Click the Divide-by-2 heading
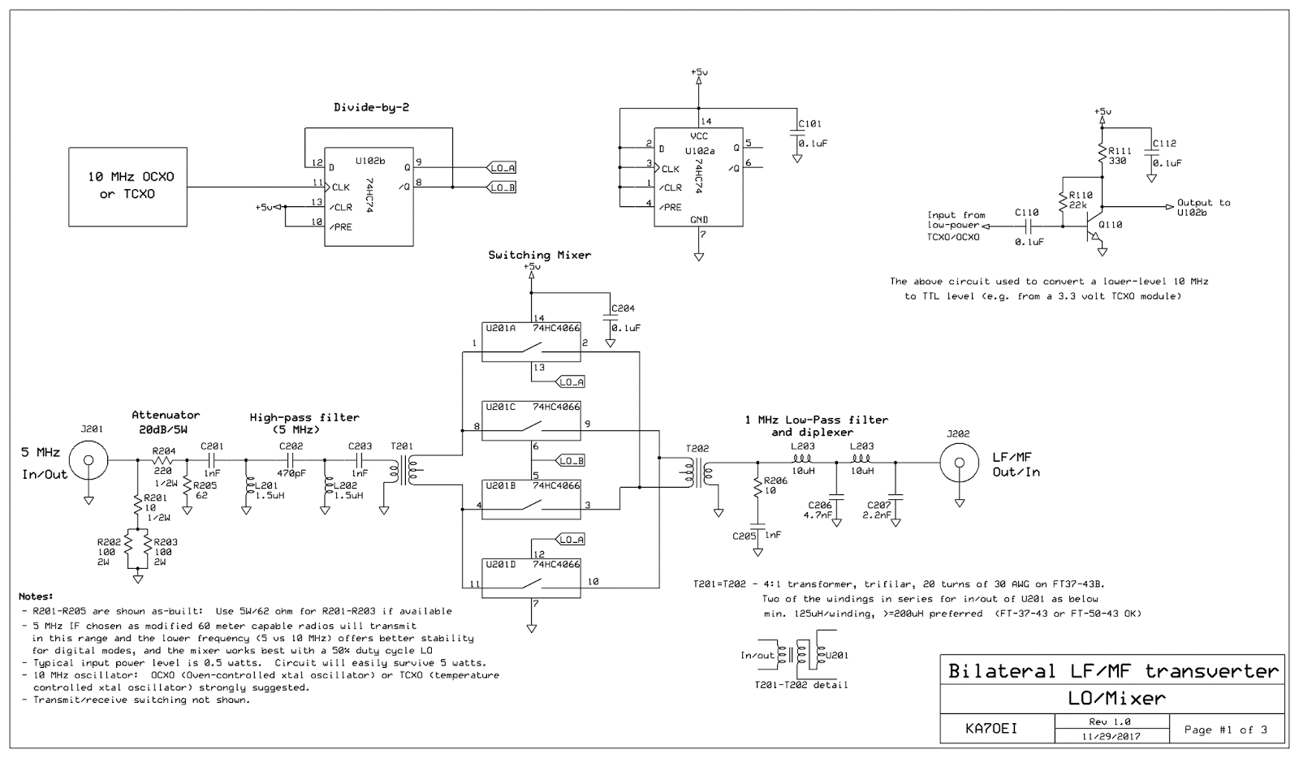tap(370, 107)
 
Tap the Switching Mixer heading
tap(539, 255)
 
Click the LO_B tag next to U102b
tap(501, 187)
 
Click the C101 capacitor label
tap(809, 124)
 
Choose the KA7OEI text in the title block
tap(991, 728)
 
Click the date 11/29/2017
tap(1110, 736)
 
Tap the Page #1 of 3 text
tap(1225, 729)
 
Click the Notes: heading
tap(36, 596)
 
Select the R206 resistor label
tap(775, 480)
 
